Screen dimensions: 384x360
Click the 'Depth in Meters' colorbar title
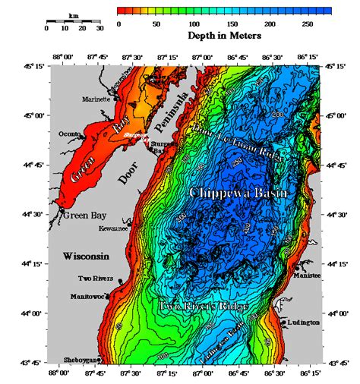coord(225,36)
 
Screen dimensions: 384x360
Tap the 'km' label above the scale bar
coord(73,14)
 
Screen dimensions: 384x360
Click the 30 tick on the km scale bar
coord(99,28)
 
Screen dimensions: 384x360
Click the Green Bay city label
coord(84,216)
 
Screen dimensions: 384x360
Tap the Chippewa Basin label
coord(238,194)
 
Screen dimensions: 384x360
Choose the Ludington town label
coord(304,323)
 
